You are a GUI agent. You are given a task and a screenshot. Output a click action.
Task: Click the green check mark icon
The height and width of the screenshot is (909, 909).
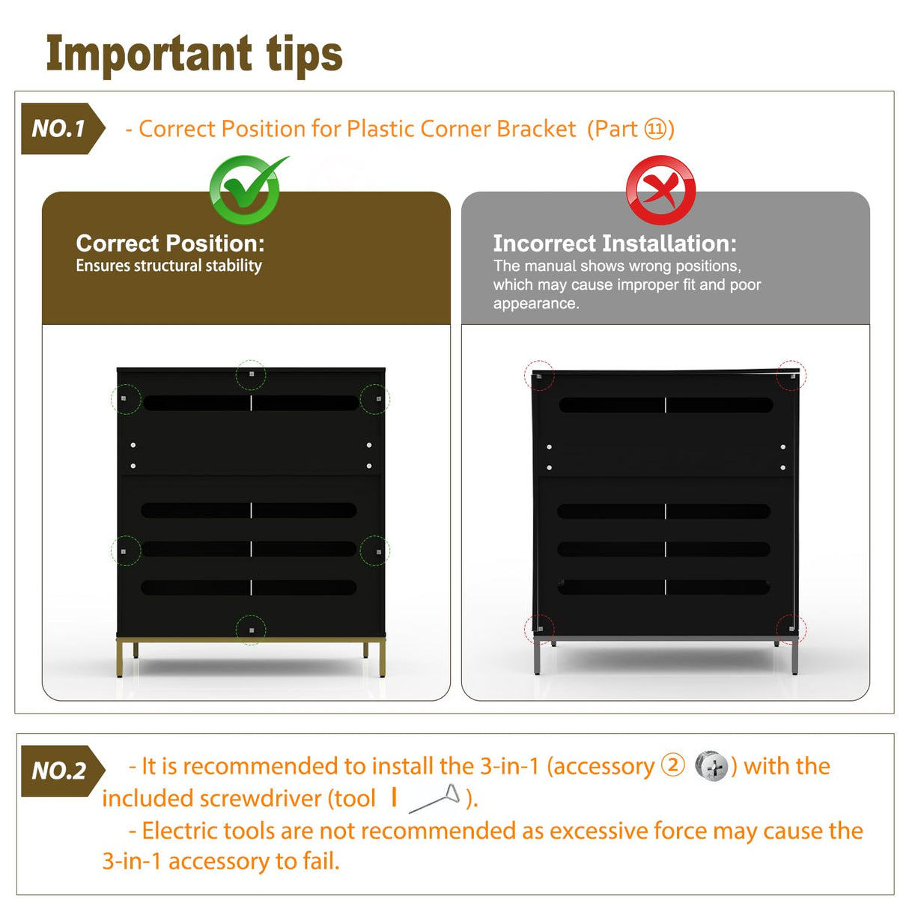[x=246, y=189]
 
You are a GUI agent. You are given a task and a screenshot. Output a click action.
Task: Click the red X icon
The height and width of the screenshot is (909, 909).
[x=660, y=189]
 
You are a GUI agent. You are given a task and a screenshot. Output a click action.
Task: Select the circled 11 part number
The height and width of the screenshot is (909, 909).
[x=655, y=129]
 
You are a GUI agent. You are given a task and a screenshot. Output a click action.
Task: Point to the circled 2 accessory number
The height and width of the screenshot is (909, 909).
[x=672, y=765]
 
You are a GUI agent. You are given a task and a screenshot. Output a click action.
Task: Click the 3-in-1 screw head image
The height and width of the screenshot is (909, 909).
[x=712, y=766]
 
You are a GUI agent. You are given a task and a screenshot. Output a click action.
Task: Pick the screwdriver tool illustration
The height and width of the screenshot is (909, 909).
[x=434, y=798]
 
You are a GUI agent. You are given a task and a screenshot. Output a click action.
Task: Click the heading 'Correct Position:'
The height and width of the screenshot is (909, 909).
[x=170, y=243]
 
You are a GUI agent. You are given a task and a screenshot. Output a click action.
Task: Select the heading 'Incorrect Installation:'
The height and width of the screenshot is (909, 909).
[x=615, y=243]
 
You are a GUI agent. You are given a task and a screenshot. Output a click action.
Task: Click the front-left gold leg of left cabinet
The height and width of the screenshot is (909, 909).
[x=119, y=658]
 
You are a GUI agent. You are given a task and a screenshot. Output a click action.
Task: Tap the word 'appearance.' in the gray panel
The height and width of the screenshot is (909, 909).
[x=536, y=303]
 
